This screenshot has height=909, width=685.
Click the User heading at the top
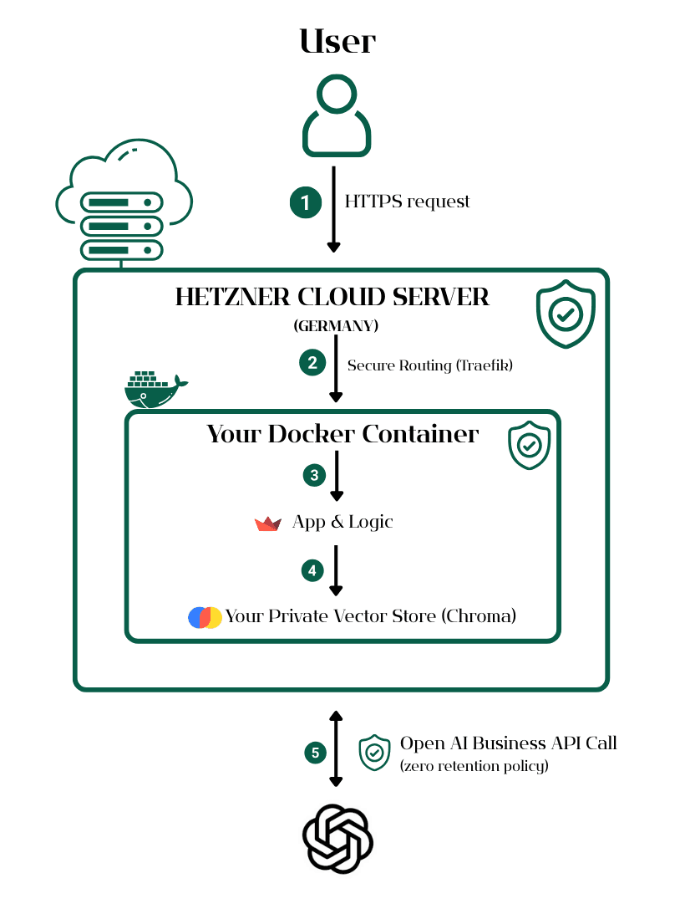coord(337,41)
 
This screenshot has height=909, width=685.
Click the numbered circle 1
coord(306,202)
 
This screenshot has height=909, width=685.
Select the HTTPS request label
coord(408,202)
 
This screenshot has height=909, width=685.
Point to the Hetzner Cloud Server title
coord(332,297)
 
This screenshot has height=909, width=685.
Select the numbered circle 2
coord(312,363)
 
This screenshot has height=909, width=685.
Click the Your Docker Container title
coord(342,434)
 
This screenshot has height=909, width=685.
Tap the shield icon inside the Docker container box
coord(530,447)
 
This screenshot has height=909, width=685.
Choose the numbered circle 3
coord(314,475)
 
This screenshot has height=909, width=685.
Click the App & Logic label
coord(342,522)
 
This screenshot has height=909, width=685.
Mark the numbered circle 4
coord(312,570)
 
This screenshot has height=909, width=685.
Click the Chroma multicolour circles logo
coord(205,617)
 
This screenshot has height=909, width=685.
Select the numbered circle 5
coord(315,753)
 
